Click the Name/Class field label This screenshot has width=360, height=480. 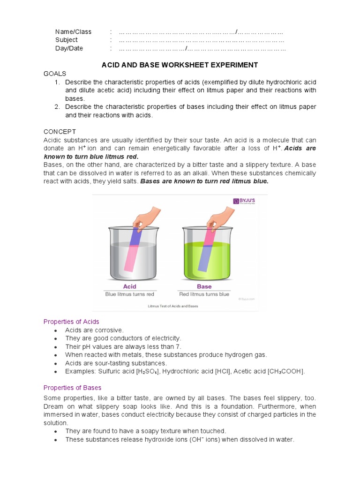point(73,32)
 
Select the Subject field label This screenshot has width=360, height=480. point(67,40)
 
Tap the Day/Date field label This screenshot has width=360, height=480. point(69,48)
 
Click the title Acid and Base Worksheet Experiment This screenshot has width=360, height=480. point(180,65)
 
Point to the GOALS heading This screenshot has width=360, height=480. point(55,74)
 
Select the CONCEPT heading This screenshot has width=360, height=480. point(60,132)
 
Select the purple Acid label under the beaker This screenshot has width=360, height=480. point(129,286)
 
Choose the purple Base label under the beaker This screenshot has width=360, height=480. point(204,286)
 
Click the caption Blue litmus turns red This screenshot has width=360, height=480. point(129,294)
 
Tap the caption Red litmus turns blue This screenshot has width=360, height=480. point(204,294)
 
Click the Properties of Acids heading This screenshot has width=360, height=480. point(71,322)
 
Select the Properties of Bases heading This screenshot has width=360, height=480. point(72,388)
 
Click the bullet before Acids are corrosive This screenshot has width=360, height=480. point(55,330)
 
